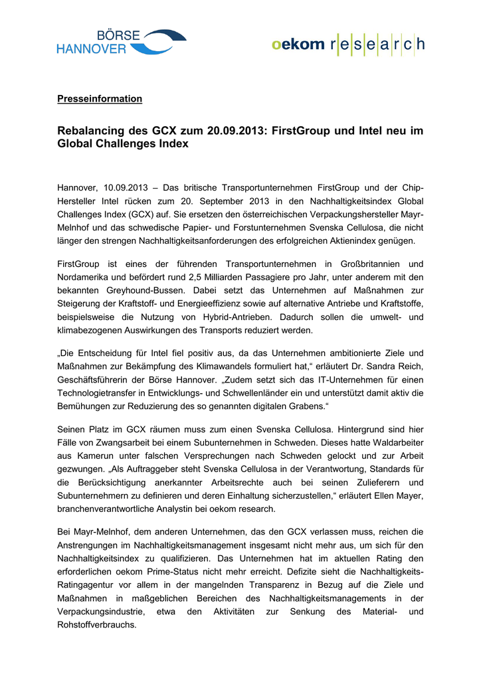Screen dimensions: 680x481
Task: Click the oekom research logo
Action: (347, 44)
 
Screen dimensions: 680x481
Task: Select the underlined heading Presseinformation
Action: (100, 99)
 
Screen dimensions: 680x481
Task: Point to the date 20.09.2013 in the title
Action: (223, 131)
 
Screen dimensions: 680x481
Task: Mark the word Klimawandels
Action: (222, 367)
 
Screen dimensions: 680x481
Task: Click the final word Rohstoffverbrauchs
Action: (96, 625)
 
